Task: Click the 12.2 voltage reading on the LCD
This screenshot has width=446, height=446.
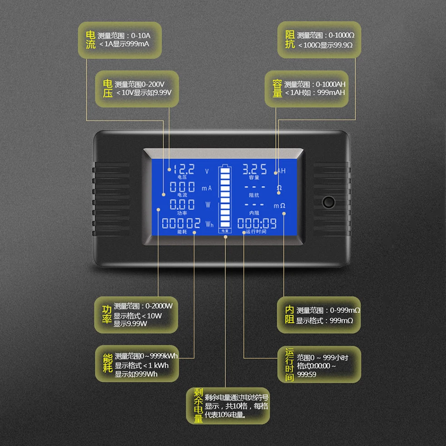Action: point(184,170)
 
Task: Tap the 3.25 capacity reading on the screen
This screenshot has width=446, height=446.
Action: point(254,169)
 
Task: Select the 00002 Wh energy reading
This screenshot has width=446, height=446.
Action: point(181,223)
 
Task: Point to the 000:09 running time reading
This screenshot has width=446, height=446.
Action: point(257,223)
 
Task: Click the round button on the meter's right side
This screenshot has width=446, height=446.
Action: point(328,202)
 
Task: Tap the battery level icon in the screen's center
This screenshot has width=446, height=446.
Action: point(224,198)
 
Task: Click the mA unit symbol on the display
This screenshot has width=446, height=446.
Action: point(207,188)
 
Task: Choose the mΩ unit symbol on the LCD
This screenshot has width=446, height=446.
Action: point(279,206)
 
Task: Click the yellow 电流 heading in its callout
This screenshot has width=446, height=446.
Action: point(91,40)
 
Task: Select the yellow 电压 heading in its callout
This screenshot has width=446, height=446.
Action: point(108,89)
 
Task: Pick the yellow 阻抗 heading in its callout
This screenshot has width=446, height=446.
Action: point(290,40)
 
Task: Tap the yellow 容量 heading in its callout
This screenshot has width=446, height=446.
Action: point(277,88)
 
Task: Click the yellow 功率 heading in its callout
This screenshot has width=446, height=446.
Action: point(107,314)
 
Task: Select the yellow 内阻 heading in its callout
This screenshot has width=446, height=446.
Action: point(289,315)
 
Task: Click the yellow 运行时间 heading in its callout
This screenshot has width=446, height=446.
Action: point(290,365)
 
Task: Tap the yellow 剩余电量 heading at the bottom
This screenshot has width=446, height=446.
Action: point(198,405)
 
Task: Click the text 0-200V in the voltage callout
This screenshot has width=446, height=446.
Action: point(153,84)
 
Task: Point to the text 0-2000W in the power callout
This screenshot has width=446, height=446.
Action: point(159,306)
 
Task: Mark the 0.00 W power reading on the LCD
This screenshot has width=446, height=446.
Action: point(183,204)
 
